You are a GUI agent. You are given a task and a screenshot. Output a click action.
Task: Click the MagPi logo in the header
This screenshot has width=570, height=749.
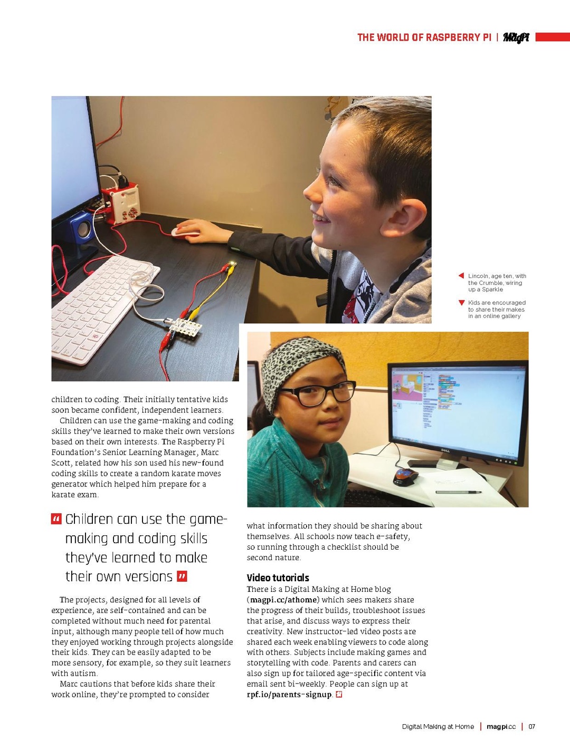516,37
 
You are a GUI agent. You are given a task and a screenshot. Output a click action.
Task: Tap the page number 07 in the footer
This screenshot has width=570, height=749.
532,727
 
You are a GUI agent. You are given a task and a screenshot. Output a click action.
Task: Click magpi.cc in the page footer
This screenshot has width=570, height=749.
501,727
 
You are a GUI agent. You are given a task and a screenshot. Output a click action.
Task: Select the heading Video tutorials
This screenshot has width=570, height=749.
278,578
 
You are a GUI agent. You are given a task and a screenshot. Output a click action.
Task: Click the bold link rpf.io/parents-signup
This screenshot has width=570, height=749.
289,695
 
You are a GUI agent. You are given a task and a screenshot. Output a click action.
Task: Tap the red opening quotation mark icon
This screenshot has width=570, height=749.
56,519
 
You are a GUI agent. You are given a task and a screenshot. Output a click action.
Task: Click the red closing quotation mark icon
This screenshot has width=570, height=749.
182,576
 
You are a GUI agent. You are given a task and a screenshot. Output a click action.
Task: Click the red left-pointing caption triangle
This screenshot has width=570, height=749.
461,276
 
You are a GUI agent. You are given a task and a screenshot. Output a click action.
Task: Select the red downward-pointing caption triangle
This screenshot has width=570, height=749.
462,303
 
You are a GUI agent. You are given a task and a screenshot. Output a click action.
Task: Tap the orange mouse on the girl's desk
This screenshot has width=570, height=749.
405,476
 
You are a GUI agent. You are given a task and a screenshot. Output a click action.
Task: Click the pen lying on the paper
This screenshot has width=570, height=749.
459,492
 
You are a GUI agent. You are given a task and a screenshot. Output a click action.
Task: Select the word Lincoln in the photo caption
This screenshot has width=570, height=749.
478,276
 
